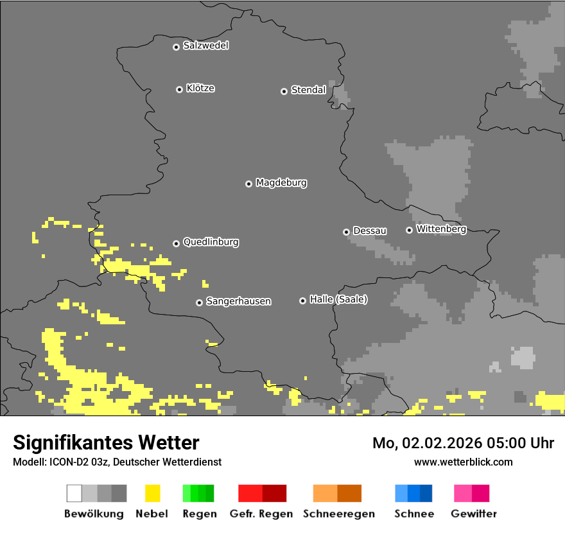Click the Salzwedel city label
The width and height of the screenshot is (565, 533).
point(205,46)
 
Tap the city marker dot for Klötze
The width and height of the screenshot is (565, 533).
point(179,89)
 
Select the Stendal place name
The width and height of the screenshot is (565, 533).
point(308,90)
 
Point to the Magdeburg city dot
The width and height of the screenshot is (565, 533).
point(248,184)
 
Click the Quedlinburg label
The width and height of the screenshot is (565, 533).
point(211,242)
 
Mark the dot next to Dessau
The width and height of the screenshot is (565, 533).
point(346,232)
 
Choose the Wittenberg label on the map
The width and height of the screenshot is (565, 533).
point(440,229)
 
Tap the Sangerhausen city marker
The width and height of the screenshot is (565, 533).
point(199,302)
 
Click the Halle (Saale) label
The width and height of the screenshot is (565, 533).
point(338,299)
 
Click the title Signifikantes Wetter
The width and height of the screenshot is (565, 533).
point(106,442)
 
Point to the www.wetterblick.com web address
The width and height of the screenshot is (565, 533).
point(463,462)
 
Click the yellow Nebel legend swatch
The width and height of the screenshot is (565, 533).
point(152,493)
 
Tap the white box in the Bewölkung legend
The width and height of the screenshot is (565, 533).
point(74,493)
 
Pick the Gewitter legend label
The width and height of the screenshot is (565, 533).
point(473,514)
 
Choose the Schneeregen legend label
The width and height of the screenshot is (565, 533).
point(338,514)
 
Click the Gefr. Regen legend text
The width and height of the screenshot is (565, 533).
point(261,514)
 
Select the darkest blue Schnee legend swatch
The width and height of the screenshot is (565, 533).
point(426,493)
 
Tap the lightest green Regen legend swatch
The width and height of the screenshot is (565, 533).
point(187,493)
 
